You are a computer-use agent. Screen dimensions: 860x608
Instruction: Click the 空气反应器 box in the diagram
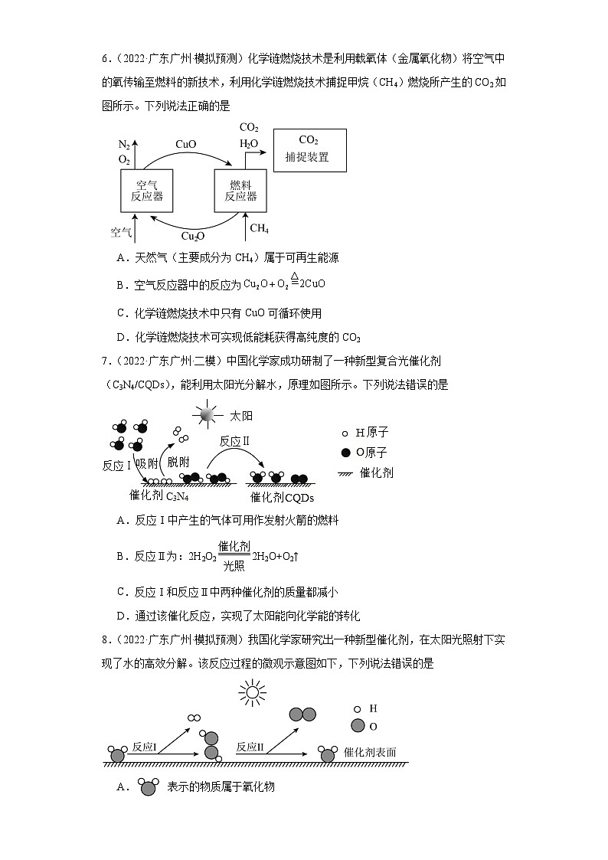pos(149,191)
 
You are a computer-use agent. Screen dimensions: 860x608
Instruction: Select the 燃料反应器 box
pos(240,191)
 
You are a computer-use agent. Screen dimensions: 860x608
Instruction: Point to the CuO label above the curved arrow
pos(186,144)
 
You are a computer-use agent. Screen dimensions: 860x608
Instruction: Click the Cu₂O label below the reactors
pos(192,236)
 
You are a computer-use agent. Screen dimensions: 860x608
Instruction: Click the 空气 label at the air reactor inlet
pos(121,231)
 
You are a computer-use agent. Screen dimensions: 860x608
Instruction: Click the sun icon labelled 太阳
pos(208,414)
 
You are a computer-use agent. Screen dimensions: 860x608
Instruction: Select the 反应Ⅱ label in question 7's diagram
pos(235,441)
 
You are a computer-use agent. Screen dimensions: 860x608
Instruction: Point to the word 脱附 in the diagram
pos(178,461)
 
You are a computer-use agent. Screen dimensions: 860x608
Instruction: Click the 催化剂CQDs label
pos(283,497)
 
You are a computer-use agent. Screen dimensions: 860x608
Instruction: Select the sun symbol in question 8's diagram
pos(250,693)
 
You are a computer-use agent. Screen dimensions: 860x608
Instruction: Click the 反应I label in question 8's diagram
pos(144,747)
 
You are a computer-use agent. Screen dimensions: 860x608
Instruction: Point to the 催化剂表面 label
pos(371,752)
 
